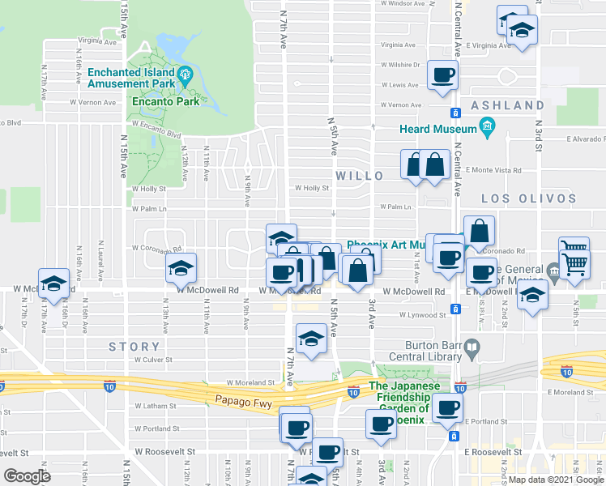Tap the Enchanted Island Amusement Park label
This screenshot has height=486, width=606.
131,78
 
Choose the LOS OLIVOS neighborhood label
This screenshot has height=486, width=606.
528,198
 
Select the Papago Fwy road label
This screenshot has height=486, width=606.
241,399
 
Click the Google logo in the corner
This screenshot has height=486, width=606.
27,476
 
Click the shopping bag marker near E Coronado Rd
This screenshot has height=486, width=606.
479,231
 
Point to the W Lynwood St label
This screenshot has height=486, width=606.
422,315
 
